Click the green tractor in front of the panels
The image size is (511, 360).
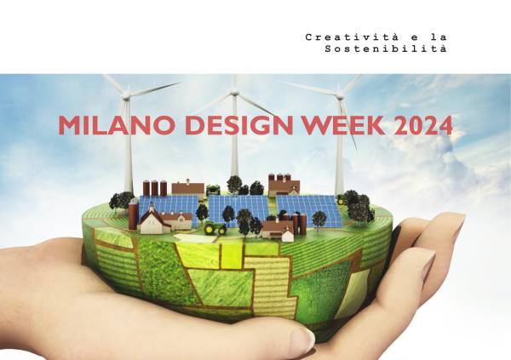click(x=217, y=229)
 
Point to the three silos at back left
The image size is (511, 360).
click(x=155, y=188)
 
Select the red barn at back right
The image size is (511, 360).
click(x=284, y=185)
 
